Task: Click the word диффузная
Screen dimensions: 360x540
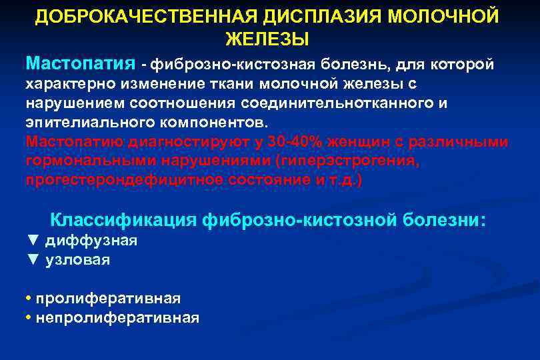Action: (x=91, y=241)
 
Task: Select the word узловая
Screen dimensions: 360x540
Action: (x=77, y=260)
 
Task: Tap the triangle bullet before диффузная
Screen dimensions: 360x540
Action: (x=33, y=241)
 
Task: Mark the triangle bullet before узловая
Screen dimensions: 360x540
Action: (x=33, y=260)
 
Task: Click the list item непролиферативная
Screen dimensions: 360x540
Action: (x=117, y=318)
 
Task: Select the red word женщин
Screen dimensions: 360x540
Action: (x=342, y=143)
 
